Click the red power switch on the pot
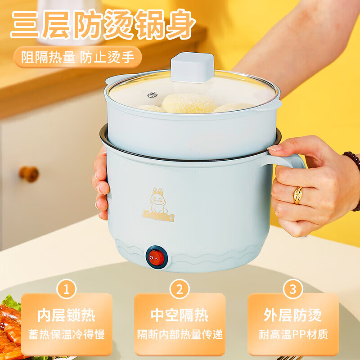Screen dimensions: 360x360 tap(156, 258)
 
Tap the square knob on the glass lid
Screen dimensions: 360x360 tap(192, 67)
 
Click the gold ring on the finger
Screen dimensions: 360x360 tap(298, 195)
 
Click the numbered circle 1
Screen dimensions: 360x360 tap(66, 288)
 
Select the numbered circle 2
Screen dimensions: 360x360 tap(180, 288)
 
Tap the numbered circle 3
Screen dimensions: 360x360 tap(293, 288)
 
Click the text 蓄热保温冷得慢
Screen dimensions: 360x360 tap(66, 335)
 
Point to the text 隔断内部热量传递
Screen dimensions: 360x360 tap(180, 335)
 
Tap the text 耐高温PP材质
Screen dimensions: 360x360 tap(293, 335)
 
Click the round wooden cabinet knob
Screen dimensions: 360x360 tap(29, 174)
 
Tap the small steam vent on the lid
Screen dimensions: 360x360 tap(152, 94)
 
